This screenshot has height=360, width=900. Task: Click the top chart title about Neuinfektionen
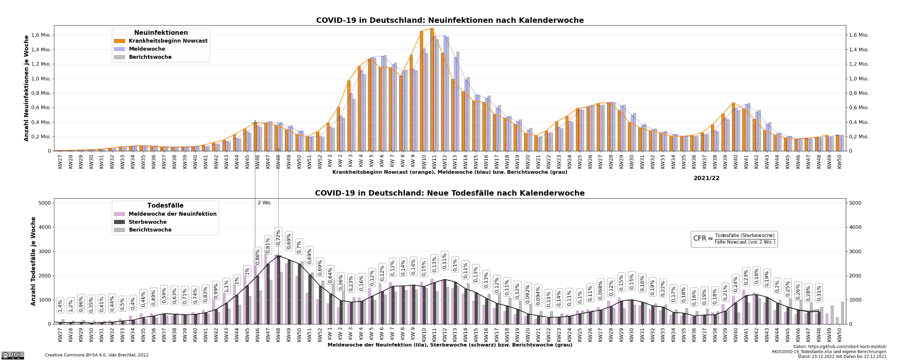click(x=450, y=20)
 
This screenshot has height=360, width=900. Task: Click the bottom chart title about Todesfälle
click(x=450, y=193)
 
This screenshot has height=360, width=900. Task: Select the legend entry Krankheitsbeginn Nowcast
click(x=168, y=41)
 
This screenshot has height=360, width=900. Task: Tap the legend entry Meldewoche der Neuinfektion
click(x=172, y=214)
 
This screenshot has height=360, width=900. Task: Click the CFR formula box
click(x=734, y=239)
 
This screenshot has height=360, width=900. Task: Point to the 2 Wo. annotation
click(x=264, y=203)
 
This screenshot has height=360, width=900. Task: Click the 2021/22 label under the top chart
click(x=706, y=178)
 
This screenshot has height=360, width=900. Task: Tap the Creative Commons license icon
click(x=13, y=355)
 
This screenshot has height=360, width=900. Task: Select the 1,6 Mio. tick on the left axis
click(x=41, y=35)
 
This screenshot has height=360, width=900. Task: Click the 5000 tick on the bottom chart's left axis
click(x=44, y=203)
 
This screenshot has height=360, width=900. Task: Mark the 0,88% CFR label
click(x=258, y=256)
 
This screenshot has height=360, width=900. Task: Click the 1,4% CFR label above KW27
click(x=60, y=305)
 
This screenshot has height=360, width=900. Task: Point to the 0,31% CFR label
click(x=819, y=293)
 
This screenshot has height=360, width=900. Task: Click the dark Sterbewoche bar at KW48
click(x=279, y=290)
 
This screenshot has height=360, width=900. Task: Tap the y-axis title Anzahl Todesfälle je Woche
click(x=33, y=261)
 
